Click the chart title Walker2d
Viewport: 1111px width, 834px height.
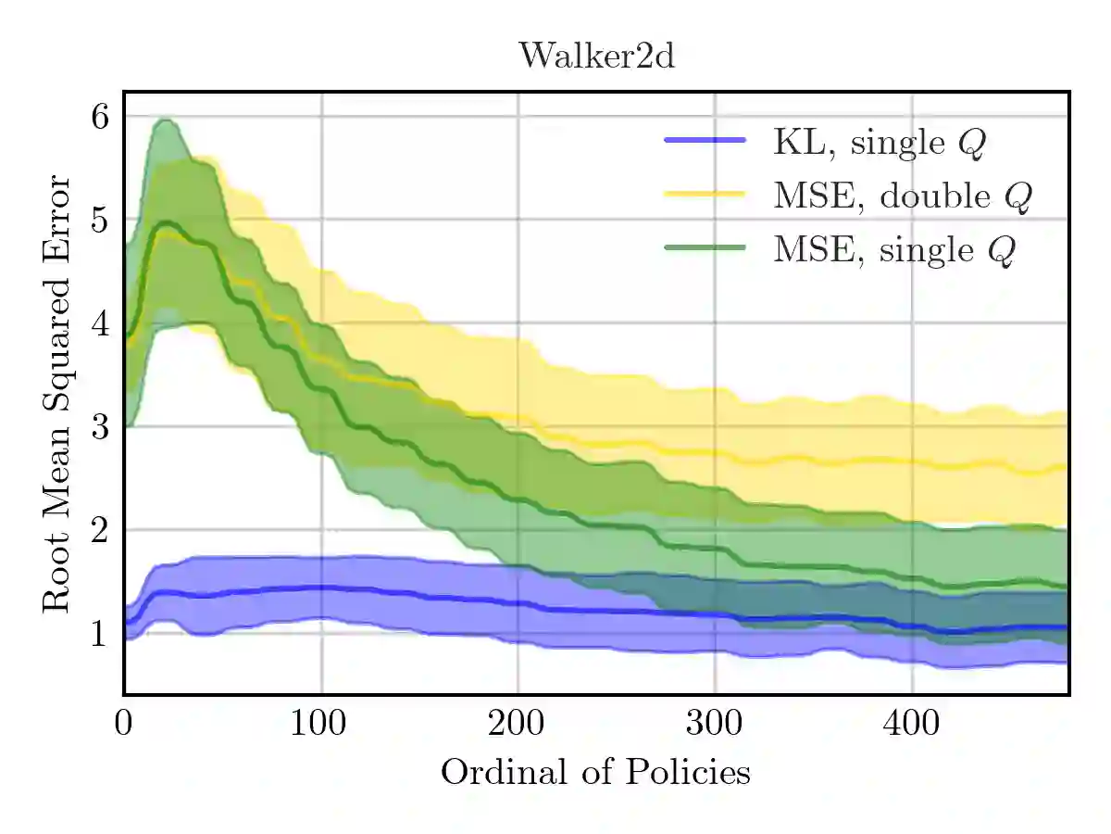click(x=596, y=57)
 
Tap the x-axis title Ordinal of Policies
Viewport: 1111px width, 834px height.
click(x=595, y=772)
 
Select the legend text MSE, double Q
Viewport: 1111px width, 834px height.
click(x=903, y=196)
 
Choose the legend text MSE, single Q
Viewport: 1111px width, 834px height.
click(x=894, y=250)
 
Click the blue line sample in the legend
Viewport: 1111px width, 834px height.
click(x=705, y=140)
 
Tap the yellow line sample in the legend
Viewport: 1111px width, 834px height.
click(x=705, y=194)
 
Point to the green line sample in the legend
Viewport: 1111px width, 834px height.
click(x=705, y=247)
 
